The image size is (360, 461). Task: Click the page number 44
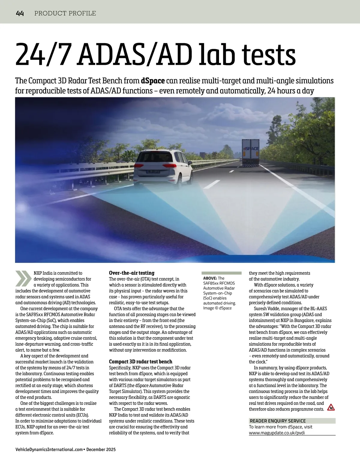click(x=20, y=13)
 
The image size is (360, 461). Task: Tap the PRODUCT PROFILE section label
click(x=65, y=13)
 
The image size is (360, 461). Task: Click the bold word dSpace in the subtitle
click(x=153, y=81)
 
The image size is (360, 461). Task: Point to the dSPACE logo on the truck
click(x=250, y=149)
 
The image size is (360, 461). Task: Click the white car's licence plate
click(x=153, y=171)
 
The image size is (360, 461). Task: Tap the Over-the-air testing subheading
click(x=131, y=273)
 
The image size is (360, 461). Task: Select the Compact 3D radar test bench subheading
click(x=140, y=362)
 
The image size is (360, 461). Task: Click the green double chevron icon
click(x=23, y=278)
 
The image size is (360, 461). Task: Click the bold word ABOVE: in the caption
click(x=210, y=278)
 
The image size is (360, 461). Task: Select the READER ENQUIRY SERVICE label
click(x=277, y=421)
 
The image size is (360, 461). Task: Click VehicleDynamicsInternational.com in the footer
click(x=49, y=449)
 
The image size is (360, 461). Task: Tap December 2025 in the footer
click(x=101, y=449)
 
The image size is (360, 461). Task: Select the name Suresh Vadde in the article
click(x=267, y=309)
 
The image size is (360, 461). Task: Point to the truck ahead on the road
click(x=250, y=153)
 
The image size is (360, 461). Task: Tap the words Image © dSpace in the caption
click(x=217, y=308)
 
